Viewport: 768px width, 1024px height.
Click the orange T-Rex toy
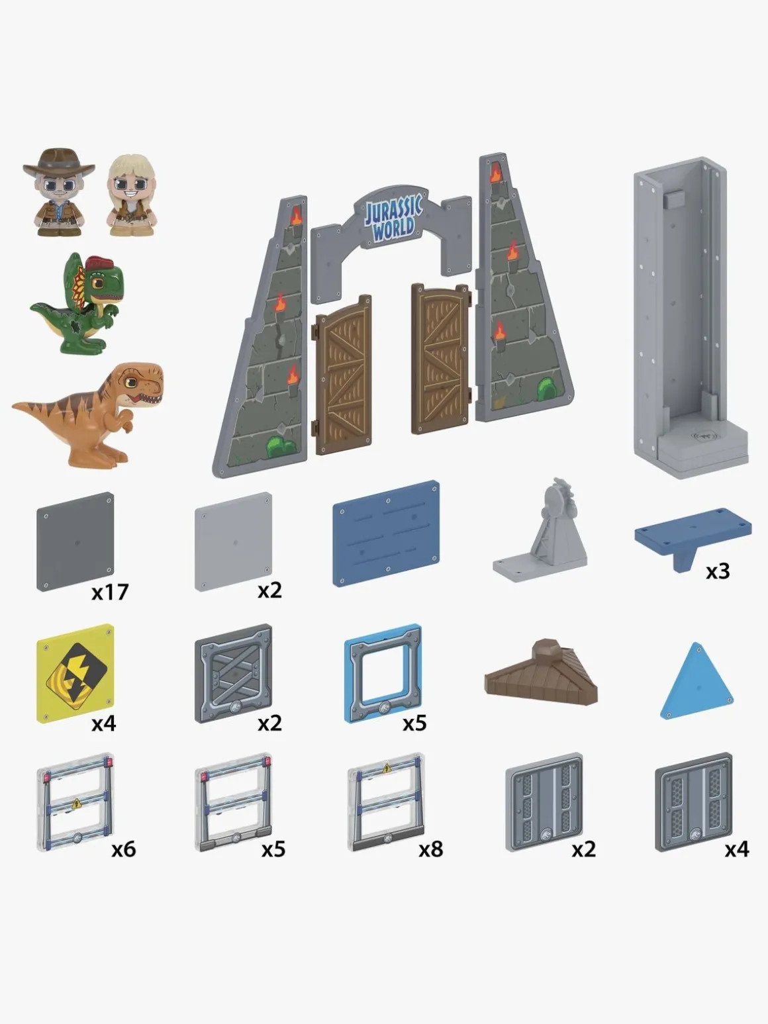89,414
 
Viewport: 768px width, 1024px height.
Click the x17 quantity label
110,592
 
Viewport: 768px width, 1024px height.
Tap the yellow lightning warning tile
75,674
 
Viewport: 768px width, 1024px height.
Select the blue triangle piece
696,681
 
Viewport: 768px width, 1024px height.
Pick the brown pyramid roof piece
541,673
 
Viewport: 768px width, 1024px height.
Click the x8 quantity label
430,849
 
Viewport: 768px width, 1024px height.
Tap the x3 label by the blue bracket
718,571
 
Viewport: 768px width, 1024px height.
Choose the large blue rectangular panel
386,534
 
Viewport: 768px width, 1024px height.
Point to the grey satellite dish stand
541,532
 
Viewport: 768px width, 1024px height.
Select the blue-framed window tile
383,674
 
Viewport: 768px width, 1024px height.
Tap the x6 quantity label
124,849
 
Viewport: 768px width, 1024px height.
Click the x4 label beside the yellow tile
103,723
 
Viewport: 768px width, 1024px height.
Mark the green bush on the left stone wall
281,447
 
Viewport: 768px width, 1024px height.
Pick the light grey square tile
233,541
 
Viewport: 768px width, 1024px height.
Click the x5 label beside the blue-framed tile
415,723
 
